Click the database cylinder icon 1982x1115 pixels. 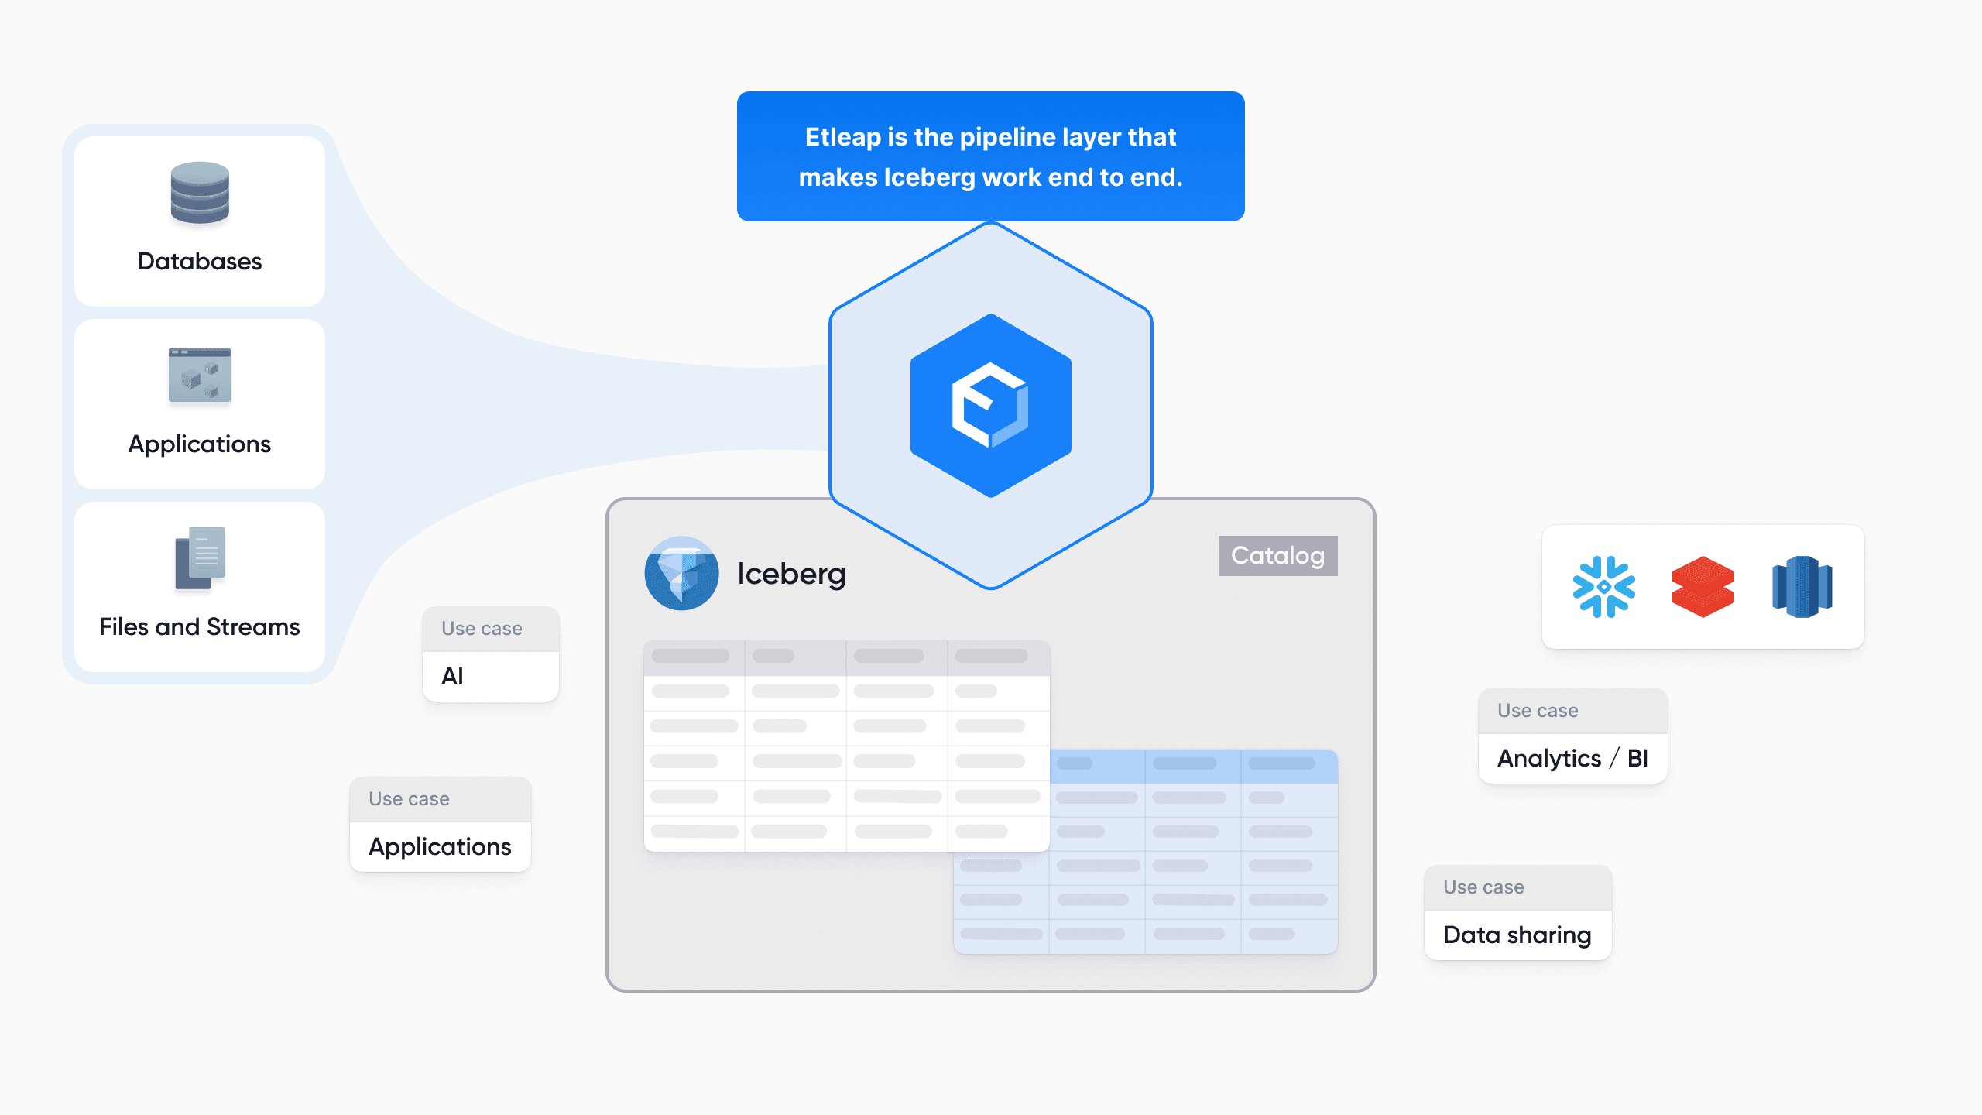[200, 193]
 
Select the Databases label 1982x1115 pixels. [200, 262]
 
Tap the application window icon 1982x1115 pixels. [200, 375]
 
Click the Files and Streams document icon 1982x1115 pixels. [200, 557]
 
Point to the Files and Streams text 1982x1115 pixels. [200, 626]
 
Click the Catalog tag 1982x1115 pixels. [1277, 555]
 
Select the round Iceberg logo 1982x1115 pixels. [681, 573]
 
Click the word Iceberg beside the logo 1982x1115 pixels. [791, 574]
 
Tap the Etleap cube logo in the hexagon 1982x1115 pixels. [990, 405]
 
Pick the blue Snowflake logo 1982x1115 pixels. [1603, 587]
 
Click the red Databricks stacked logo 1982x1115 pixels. [1703, 587]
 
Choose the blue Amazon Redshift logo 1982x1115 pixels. [1802, 587]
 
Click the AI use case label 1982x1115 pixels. [453, 676]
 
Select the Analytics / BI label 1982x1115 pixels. [1572, 758]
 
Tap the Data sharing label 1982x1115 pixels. [1517, 935]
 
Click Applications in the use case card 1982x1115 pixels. [440, 846]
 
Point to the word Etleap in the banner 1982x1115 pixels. [844, 137]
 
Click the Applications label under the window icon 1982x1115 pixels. [200, 444]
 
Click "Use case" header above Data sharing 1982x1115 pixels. [1483, 887]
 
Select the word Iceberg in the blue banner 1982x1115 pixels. [929, 177]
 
